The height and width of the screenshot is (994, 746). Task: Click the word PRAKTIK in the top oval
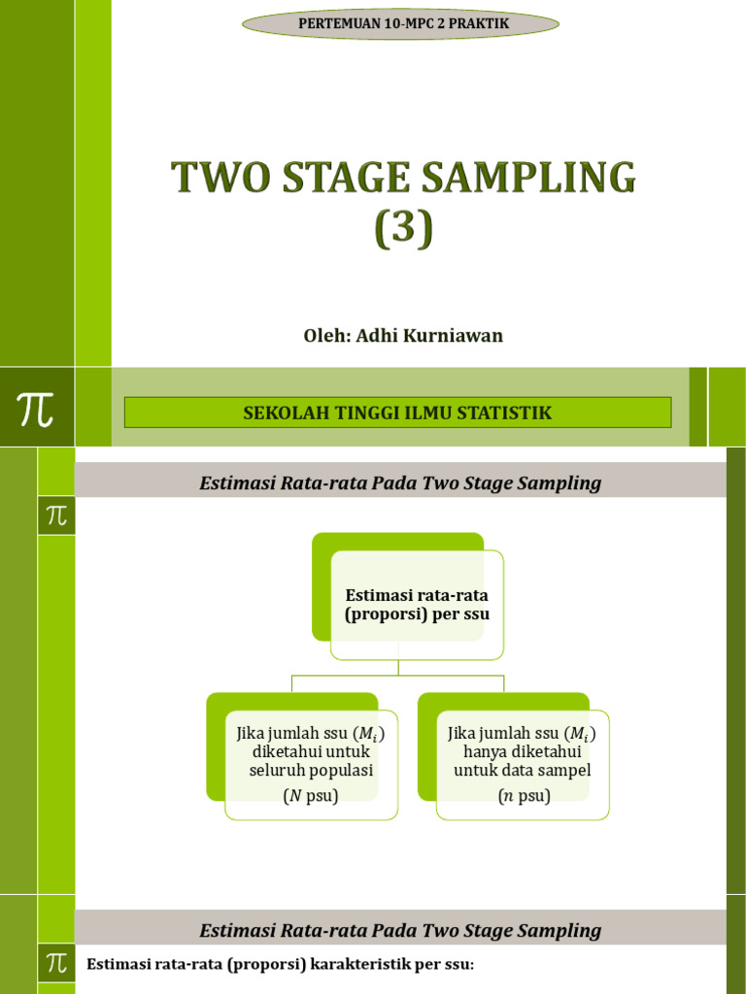pyautogui.click(x=477, y=23)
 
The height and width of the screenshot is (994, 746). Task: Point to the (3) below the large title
pyautogui.click(x=402, y=230)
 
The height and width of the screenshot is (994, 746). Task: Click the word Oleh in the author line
pyautogui.click(x=323, y=336)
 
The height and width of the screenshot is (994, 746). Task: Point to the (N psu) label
pyautogui.click(x=311, y=797)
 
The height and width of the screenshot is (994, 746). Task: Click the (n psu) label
pyautogui.click(x=524, y=797)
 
